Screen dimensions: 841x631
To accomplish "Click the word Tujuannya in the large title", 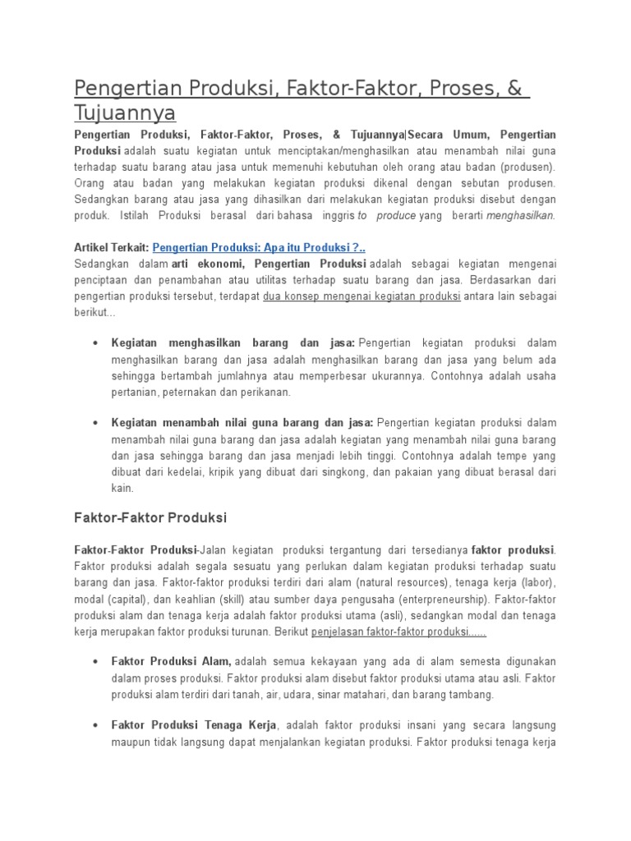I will pyautogui.click(x=125, y=113).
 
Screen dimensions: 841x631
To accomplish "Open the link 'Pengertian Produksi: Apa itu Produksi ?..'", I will pyautogui.click(x=259, y=247).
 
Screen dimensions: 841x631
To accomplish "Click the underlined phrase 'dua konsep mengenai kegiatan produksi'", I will pyautogui.click(x=362, y=296).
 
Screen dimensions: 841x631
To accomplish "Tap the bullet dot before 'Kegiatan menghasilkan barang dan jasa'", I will pyautogui.click(x=97, y=342).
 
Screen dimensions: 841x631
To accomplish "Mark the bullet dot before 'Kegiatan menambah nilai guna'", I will pyautogui.click(x=97, y=423).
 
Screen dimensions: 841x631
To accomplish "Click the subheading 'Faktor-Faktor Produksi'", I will pyautogui.click(x=150, y=518).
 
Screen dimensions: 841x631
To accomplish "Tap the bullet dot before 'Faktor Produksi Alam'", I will pyautogui.click(x=97, y=662).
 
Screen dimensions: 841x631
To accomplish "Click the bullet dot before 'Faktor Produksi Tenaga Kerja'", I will pyautogui.click(x=97, y=726).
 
